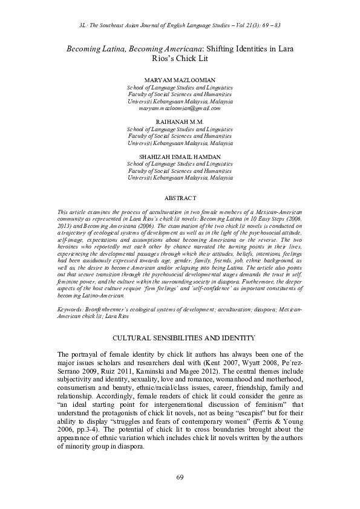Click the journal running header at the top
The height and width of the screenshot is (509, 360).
[180, 28]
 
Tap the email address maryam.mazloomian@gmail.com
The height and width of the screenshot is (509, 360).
[180, 109]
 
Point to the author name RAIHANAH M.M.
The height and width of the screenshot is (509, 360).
[180, 123]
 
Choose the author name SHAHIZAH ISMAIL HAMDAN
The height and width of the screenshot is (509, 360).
[180, 157]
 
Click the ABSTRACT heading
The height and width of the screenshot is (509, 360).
[180, 198]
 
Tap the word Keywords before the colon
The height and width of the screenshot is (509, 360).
[70, 308]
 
